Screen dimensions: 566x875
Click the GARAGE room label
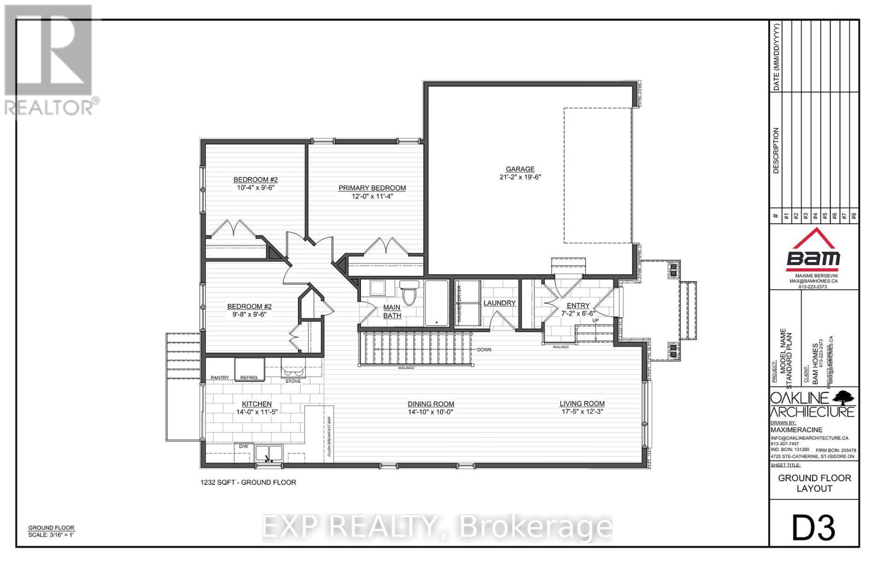point(520,169)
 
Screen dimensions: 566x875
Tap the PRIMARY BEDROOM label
point(372,188)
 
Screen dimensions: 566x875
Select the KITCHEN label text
point(256,404)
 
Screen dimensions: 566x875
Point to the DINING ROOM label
point(431,404)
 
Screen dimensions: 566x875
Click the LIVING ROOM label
point(582,404)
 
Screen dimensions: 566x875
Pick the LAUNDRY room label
point(499,303)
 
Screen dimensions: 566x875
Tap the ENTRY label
point(578,306)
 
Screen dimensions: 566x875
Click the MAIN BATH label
point(392,311)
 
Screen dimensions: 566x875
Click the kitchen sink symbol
point(269,454)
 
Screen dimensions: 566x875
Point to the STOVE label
point(293,381)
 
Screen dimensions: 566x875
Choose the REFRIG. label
point(249,378)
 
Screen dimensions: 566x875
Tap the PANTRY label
point(220,378)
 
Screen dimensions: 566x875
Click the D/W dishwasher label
point(243,446)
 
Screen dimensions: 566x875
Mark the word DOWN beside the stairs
point(484,349)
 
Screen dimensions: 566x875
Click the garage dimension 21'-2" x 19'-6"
point(520,177)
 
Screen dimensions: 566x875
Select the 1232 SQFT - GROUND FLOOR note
point(248,482)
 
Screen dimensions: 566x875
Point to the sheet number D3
point(814,528)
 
